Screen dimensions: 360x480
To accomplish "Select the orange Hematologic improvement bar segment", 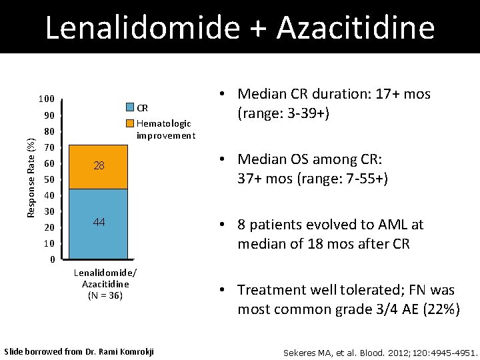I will click(x=99, y=167).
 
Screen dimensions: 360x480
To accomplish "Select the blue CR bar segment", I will click(x=99, y=224).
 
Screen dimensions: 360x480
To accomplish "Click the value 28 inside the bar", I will click(x=99, y=165).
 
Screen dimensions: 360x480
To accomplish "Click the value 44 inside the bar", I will click(x=99, y=222).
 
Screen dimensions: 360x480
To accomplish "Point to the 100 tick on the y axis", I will click(x=46, y=99).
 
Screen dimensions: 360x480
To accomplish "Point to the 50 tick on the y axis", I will click(x=49, y=180).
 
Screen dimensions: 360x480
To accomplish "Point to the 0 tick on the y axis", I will click(x=52, y=259).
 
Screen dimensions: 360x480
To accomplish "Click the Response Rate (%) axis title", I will click(x=29, y=176).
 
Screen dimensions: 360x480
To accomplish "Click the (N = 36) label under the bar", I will click(x=105, y=295).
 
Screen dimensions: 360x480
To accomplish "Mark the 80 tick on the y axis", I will click(x=49, y=131).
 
